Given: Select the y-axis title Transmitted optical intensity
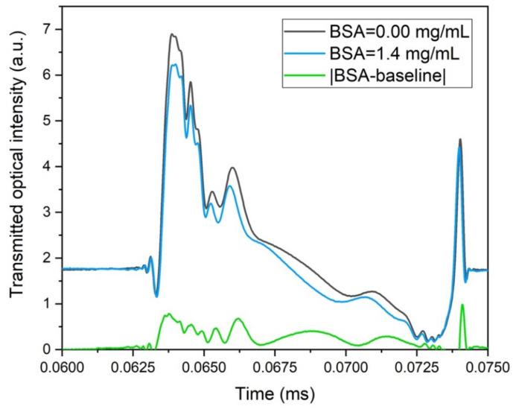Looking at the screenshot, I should pyautogui.click(x=16, y=189).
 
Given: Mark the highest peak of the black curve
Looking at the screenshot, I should pyautogui.click(x=172, y=34).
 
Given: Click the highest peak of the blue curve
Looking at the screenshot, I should pyautogui.click(x=173, y=65).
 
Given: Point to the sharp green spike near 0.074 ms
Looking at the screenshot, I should pyautogui.click(x=462, y=305).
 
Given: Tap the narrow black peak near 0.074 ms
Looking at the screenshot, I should pyautogui.click(x=460, y=139).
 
